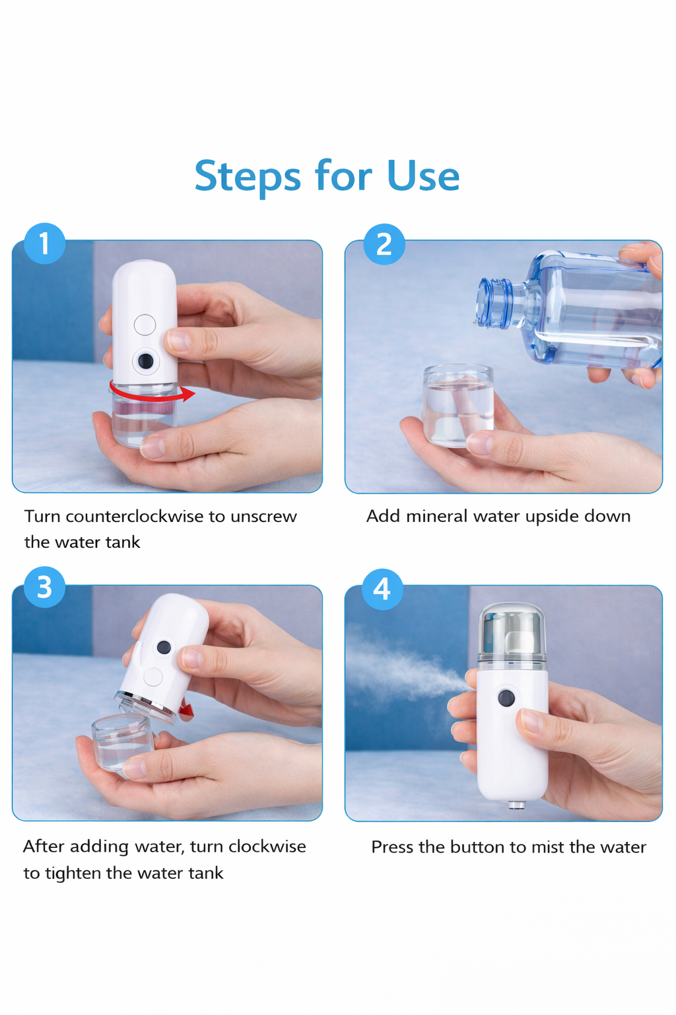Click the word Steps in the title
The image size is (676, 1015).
[248, 176]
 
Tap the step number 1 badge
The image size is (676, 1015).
[44, 243]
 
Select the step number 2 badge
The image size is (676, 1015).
[384, 244]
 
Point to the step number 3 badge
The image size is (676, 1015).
[44, 587]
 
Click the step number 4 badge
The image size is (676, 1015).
[382, 589]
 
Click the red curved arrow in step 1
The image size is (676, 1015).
[152, 395]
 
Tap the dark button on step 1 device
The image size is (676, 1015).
[145, 361]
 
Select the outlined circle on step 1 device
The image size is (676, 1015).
[145, 324]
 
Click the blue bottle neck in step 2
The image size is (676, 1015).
[495, 303]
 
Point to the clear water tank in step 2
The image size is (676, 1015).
[458, 404]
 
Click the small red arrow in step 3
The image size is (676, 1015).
[187, 710]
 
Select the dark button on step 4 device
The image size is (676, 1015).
[506, 698]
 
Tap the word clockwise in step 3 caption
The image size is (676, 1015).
[267, 846]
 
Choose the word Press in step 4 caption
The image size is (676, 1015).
[392, 847]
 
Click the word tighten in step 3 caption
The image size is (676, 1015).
[73, 874]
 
